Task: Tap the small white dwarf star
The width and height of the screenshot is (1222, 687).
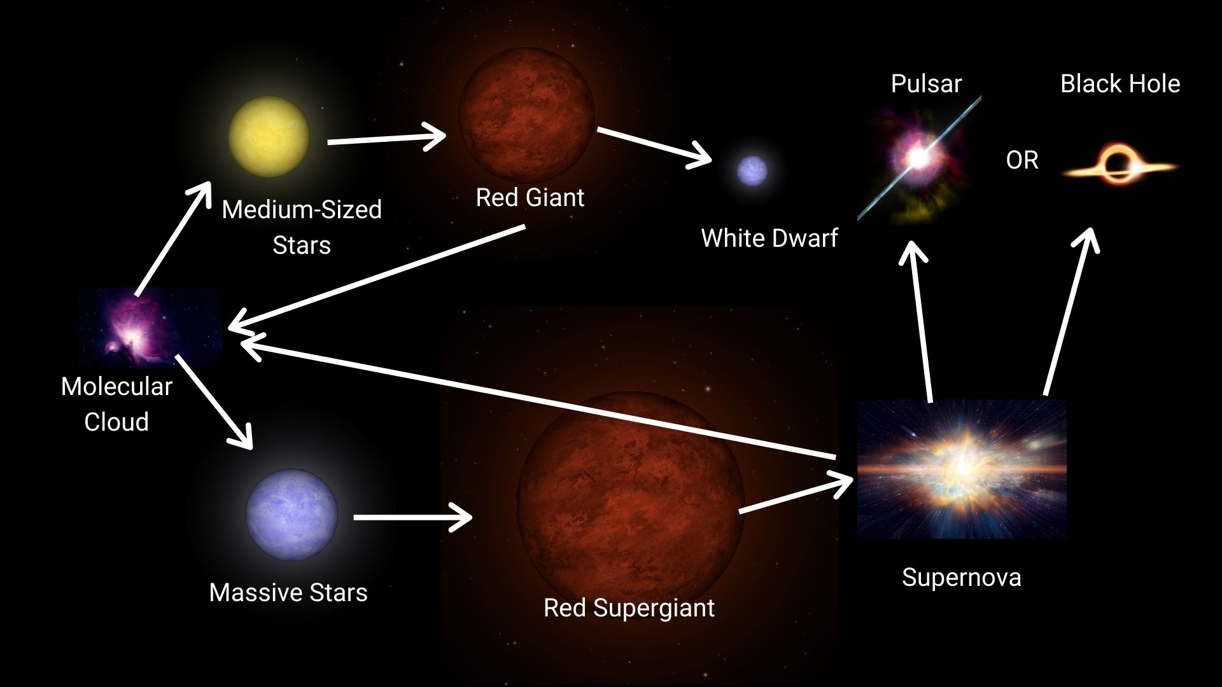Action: pos(752,170)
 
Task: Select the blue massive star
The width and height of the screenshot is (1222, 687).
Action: pos(291,515)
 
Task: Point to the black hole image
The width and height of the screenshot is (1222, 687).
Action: pos(1120,165)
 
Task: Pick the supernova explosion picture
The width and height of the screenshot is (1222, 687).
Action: pos(962,469)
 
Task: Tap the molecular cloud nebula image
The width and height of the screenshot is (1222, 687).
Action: pos(149,327)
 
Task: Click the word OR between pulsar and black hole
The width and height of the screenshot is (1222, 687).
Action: pos(1022,160)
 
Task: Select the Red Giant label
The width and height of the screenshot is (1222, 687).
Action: pos(530,197)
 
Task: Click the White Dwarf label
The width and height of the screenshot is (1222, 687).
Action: pos(769,238)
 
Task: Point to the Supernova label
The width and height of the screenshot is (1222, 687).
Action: pos(961,577)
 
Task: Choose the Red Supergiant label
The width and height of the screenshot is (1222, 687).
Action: pos(628,607)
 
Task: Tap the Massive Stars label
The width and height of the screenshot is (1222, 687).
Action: pos(288,592)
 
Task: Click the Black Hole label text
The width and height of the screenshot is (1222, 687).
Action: pos(1120,83)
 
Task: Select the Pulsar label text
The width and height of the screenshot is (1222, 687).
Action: pos(925,83)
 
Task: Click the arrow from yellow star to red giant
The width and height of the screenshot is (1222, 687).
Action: pos(385,139)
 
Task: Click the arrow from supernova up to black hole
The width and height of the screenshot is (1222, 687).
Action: pos(1069,312)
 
